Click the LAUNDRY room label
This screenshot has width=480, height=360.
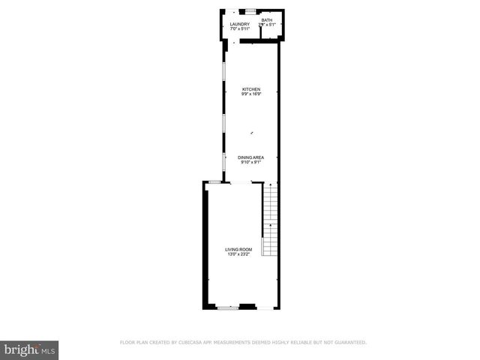[239, 24]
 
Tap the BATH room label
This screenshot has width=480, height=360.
[266, 20]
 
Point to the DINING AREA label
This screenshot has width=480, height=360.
[250, 157]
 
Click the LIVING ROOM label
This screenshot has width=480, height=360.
[239, 249]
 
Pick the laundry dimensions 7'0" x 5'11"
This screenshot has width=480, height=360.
[239, 29]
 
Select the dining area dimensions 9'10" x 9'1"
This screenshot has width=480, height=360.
[250, 162]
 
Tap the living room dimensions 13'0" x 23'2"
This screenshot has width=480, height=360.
[239, 254]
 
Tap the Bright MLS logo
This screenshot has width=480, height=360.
[30, 349]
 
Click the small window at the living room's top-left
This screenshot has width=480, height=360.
[214, 181]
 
